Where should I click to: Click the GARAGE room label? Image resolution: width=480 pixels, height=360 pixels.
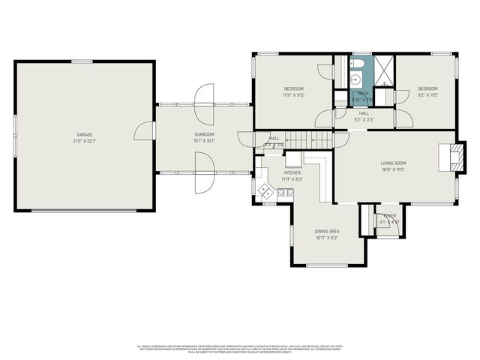click(83, 134)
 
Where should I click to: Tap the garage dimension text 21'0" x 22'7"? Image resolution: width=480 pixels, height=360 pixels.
click(83, 140)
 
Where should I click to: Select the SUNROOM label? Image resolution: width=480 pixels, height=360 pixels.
click(205, 134)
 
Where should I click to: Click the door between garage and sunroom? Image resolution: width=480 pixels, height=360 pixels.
click(144, 131)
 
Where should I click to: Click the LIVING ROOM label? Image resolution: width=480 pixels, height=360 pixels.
click(393, 163)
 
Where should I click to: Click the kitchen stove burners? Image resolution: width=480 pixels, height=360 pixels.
click(285, 193)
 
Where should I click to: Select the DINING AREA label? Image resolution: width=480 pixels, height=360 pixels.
click(327, 231)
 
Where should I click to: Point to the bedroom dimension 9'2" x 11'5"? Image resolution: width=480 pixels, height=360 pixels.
click(427, 95)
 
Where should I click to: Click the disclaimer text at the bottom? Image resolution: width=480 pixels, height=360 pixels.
click(240, 348)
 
